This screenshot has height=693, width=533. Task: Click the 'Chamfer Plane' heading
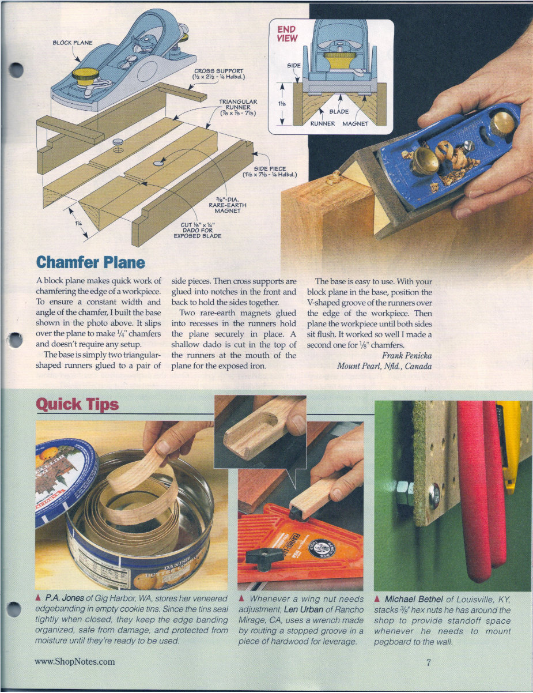[x=90, y=262]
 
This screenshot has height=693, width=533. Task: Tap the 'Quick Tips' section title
[x=77, y=404]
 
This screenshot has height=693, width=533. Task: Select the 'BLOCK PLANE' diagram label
[x=73, y=43]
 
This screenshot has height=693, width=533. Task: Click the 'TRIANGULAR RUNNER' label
[x=237, y=107]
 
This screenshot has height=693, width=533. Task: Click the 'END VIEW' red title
[x=287, y=33]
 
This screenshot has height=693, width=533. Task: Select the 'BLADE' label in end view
[x=339, y=112]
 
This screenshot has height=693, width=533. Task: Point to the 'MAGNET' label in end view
[x=356, y=123]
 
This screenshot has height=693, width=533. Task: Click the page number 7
[x=428, y=662]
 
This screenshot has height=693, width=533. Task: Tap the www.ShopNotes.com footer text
[x=75, y=662]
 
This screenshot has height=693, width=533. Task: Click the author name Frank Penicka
[x=406, y=355]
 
